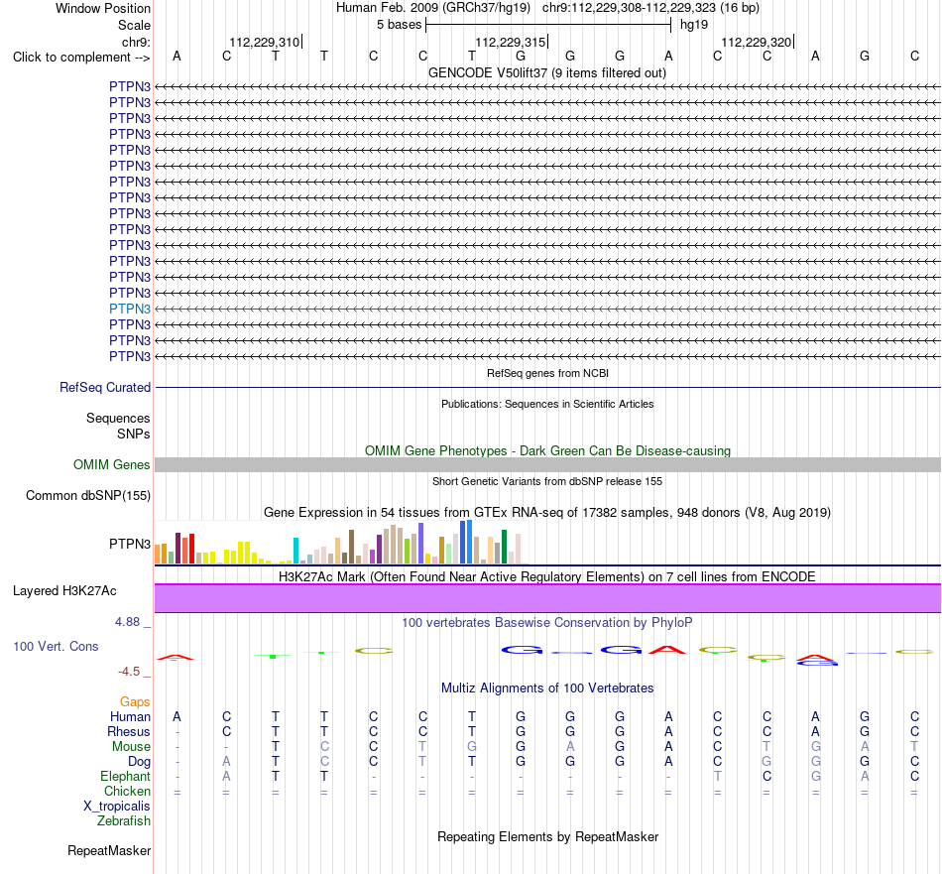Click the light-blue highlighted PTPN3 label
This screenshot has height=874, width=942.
tap(130, 309)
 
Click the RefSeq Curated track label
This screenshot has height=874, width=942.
tap(105, 388)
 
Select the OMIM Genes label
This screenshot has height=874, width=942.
tap(112, 464)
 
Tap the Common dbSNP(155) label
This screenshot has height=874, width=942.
tap(88, 496)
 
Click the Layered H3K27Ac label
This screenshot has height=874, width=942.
tap(64, 591)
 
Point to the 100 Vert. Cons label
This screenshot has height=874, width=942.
tap(56, 646)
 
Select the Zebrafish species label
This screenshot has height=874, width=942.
tap(124, 821)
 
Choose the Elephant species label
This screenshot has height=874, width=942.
tap(126, 777)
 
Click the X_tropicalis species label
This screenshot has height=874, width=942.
tap(117, 807)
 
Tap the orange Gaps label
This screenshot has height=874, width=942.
tap(135, 702)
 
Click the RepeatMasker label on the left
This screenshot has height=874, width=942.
tap(109, 851)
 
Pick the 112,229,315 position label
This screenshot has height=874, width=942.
tap(510, 42)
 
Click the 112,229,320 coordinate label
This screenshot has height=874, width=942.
tap(756, 42)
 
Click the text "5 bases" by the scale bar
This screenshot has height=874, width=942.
tap(399, 25)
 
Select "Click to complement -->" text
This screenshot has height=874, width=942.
tap(81, 58)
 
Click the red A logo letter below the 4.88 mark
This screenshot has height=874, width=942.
tap(175, 657)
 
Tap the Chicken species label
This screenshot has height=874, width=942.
tap(127, 792)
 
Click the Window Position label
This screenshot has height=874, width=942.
tap(103, 8)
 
